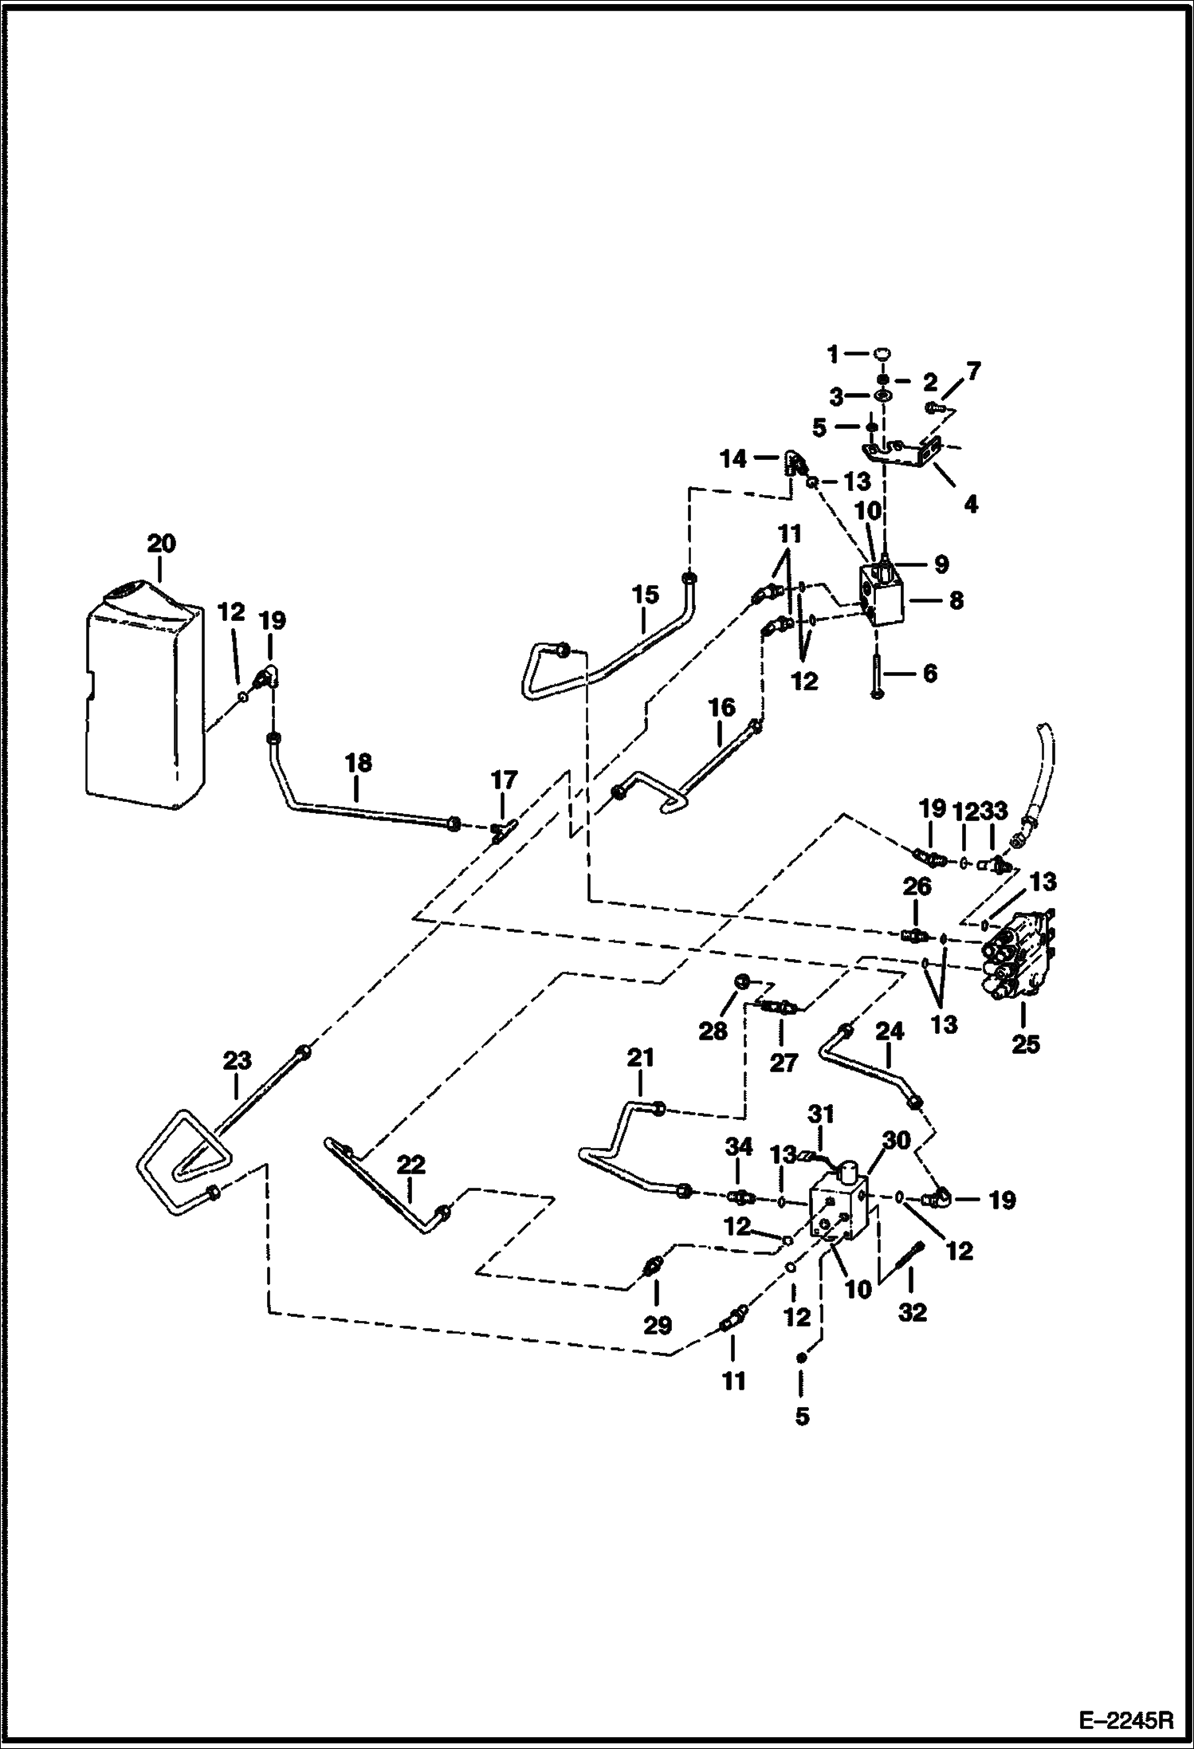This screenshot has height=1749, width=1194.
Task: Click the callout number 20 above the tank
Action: pyautogui.click(x=161, y=544)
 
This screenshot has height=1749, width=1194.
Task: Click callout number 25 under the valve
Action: pyautogui.click(x=1026, y=1044)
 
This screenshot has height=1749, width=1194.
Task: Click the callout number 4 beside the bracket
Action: pyautogui.click(x=970, y=504)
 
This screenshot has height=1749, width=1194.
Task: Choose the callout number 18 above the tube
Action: pyautogui.click(x=359, y=762)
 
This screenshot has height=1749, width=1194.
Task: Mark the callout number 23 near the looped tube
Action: pyautogui.click(x=237, y=1060)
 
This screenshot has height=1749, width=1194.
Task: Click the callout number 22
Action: pyautogui.click(x=411, y=1165)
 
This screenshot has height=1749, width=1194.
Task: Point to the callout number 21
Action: pyautogui.click(x=640, y=1058)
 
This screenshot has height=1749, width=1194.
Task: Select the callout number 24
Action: pyautogui.click(x=890, y=1032)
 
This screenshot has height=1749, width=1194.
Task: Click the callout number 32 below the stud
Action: pyautogui.click(x=913, y=1312)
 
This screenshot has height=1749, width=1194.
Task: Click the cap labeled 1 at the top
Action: pyautogui.click(x=882, y=353)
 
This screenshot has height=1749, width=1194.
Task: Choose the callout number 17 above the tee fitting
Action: pyautogui.click(x=504, y=779)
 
